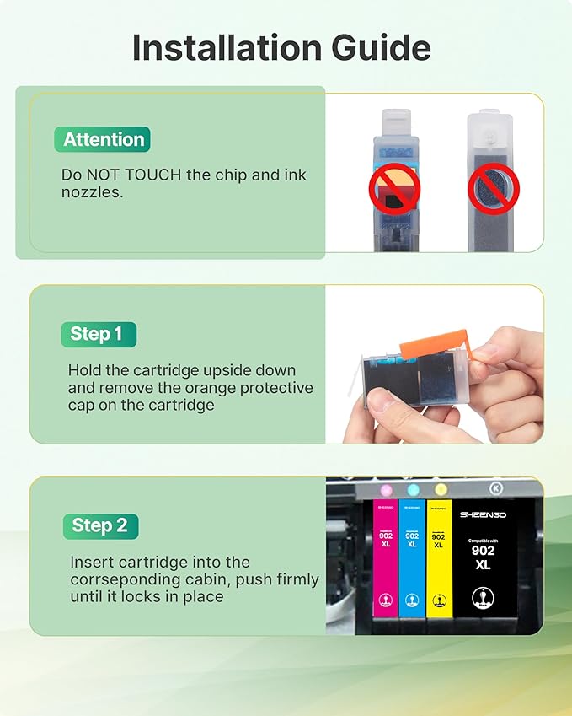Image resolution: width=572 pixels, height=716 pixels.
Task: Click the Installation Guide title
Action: [x=281, y=48]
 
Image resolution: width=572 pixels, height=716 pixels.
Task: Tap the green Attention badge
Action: [x=104, y=139]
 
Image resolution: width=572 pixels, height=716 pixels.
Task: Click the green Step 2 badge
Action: [x=99, y=525]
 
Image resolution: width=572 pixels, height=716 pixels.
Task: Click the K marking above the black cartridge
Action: [x=495, y=488]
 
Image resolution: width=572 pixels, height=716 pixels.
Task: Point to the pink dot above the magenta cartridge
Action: [x=386, y=489]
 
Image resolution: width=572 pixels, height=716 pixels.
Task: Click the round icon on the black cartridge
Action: [x=483, y=598]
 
